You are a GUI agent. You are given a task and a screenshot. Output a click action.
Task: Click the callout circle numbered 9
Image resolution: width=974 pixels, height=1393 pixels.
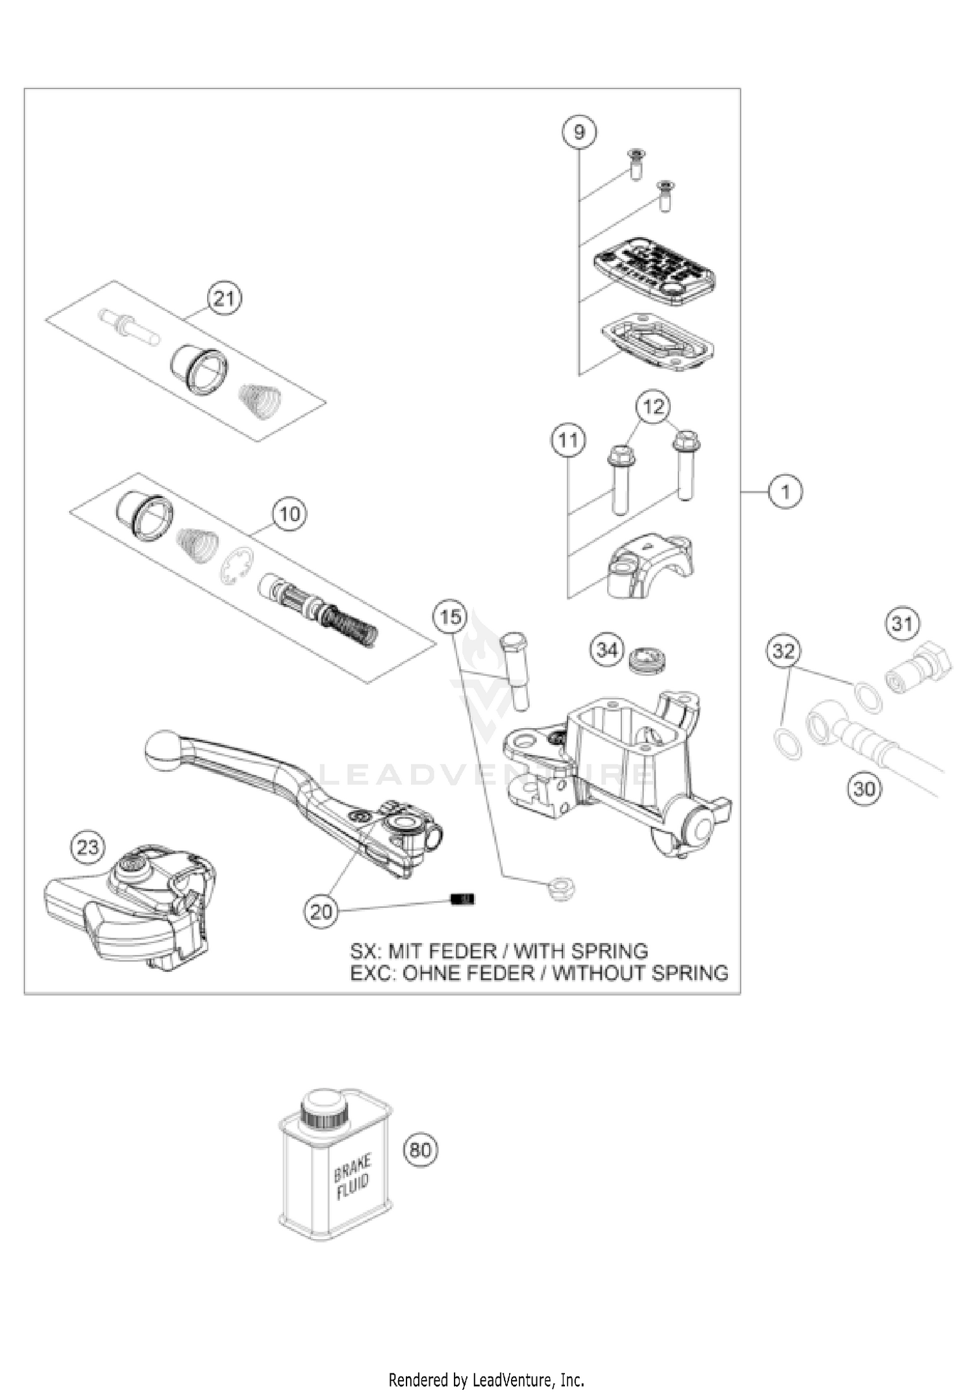(579, 132)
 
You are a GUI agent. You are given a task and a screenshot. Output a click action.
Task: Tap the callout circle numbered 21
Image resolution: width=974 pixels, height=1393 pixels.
(224, 299)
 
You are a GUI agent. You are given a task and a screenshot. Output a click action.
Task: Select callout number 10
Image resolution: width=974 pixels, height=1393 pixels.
(290, 514)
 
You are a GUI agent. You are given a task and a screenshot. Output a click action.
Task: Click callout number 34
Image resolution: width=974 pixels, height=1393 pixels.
(607, 649)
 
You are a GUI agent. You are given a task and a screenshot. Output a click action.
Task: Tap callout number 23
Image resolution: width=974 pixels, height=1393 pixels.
(88, 847)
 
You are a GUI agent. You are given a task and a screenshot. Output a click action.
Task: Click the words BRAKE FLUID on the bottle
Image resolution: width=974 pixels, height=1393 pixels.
(352, 1176)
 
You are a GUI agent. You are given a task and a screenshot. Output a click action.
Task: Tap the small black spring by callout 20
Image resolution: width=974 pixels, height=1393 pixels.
(462, 899)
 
